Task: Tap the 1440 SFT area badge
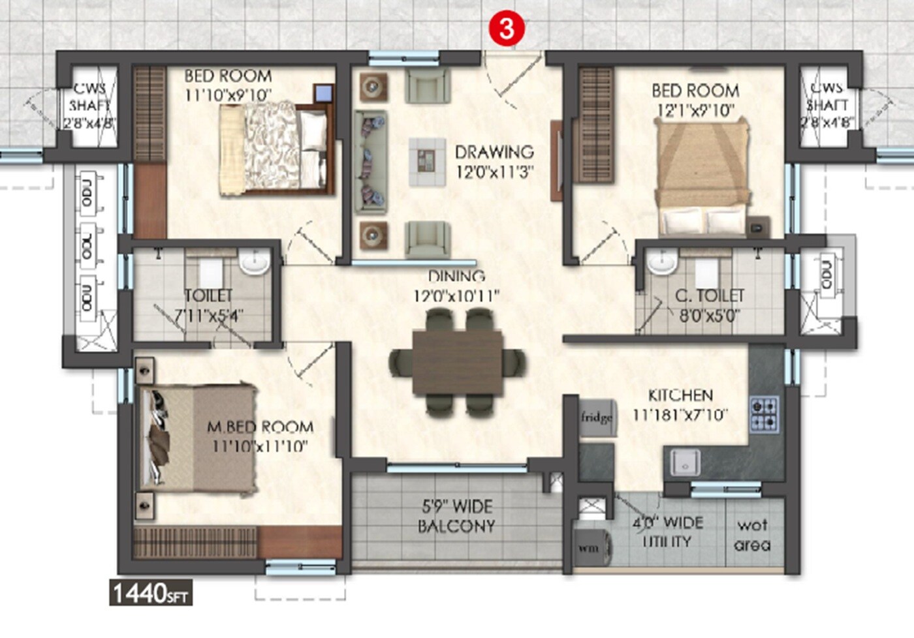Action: point(151,594)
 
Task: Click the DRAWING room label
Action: point(494,152)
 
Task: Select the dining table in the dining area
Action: point(458,363)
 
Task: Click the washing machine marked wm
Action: point(591,547)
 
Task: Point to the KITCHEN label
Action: point(680,395)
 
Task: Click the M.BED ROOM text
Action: point(260,427)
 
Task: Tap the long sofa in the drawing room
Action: point(371,162)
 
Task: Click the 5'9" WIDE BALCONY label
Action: point(456,516)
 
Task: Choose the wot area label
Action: point(752,535)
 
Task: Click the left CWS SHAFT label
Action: point(90,105)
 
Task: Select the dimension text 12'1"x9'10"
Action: point(695,110)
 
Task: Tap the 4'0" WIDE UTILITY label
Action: point(667,532)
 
